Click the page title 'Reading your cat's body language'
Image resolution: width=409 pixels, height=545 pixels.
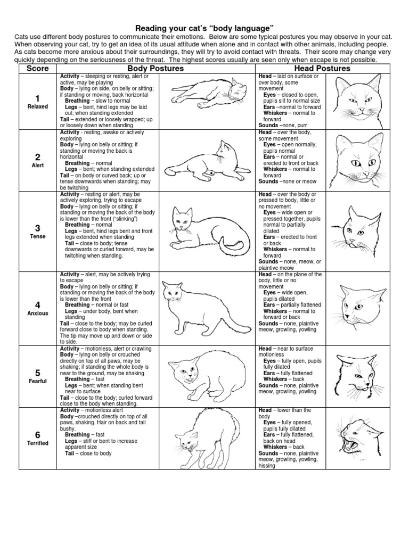[204, 27]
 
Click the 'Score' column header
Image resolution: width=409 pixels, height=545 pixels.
[37, 69]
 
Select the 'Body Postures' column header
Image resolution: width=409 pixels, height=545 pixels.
[156, 69]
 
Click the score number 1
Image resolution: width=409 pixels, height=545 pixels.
[37, 98]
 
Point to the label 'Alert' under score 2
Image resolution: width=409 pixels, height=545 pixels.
[37, 166]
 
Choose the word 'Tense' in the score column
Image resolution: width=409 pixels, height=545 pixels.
[37, 236]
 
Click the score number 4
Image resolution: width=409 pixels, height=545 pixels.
[37, 305]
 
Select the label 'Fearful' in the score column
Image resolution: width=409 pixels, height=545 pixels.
[37, 381]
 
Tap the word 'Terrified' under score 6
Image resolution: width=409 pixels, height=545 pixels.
[37, 443]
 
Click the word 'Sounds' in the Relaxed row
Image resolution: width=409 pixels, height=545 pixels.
[268, 126]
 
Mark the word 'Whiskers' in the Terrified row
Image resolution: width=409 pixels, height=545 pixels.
[275, 447]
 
